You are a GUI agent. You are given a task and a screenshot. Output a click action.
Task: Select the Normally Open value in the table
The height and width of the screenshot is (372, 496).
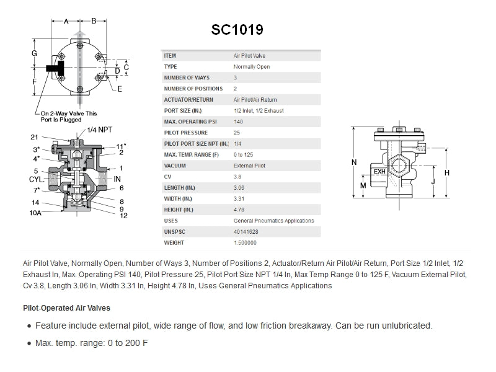coord(251,67)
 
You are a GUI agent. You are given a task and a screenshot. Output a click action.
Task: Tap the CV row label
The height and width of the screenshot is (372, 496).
coord(167,177)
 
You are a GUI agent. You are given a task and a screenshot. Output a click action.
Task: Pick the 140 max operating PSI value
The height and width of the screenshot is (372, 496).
coord(238,122)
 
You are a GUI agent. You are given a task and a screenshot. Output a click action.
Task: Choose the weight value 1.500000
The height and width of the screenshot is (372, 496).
coord(245,243)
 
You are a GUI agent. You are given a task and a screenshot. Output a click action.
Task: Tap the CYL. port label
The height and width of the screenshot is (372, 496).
coord(37,179)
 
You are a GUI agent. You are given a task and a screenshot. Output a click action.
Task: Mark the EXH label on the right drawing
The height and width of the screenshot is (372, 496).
coord(379,172)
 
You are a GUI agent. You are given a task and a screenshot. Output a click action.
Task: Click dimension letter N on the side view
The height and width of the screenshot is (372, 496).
coord(353,162)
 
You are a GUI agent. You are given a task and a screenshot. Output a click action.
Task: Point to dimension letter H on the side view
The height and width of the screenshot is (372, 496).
coord(446,172)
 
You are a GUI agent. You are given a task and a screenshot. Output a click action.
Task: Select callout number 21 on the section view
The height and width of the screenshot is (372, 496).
coord(34,137)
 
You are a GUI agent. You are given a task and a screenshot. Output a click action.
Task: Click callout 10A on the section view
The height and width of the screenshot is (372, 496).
coord(36,213)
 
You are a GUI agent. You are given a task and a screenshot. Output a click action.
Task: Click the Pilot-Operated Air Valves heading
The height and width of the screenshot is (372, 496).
coord(67,308)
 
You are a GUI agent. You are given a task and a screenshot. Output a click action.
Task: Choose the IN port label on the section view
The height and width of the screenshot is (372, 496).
coord(117,179)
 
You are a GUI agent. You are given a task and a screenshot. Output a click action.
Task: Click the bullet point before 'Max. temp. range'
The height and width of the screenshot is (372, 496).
coord(29,343)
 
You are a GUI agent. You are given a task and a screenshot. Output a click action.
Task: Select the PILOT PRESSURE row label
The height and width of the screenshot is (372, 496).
coord(185,133)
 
